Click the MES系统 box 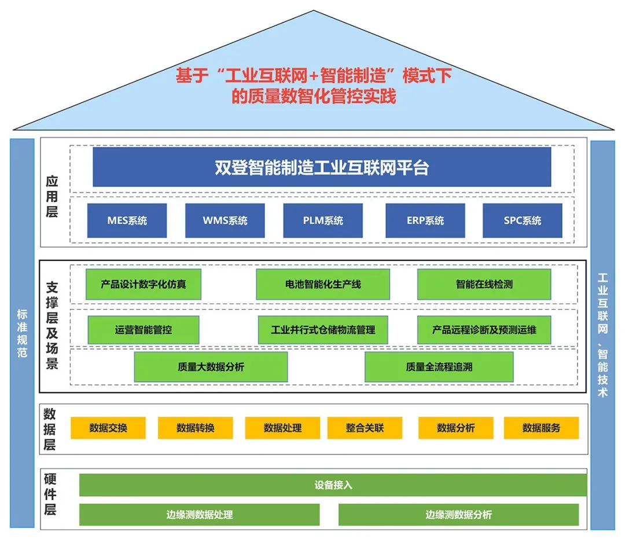click(127, 221)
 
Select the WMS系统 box click(225, 221)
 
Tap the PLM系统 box click(323, 221)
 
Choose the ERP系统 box click(425, 221)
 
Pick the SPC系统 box click(522, 221)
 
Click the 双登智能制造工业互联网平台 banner click(322, 167)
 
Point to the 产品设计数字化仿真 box click(144, 284)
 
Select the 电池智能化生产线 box click(323, 284)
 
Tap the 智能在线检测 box click(484, 284)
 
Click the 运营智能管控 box click(144, 330)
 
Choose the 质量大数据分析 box click(211, 367)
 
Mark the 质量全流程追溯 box click(439, 367)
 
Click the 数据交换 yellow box click(108, 428)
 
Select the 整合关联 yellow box click(365, 428)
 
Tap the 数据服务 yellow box click(541, 428)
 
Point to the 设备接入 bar click(333, 485)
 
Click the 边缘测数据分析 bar click(458, 515)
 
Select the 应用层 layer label click(52, 197)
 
